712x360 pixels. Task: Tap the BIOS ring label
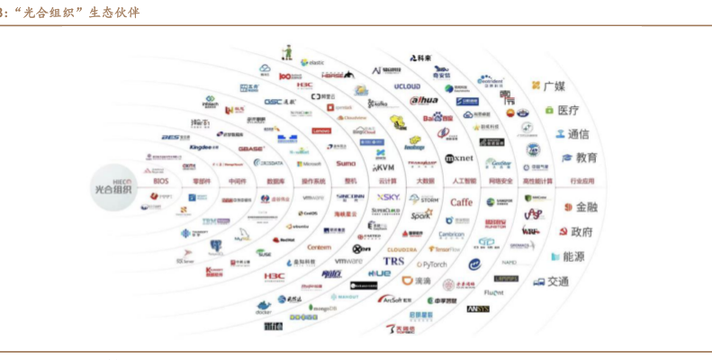coord(160,181)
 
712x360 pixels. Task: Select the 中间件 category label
coord(237,181)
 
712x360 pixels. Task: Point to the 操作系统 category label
coord(311,181)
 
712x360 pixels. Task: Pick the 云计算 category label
coord(388,181)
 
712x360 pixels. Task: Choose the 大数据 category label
coord(426,181)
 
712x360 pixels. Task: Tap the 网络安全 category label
coord(501,181)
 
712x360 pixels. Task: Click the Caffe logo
coord(461,202)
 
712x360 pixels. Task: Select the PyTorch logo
coord(431,265)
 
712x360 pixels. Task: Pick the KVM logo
coord(383,167)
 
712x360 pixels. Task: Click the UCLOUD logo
coord(408,86)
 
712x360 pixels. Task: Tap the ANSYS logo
coord(477,309)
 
